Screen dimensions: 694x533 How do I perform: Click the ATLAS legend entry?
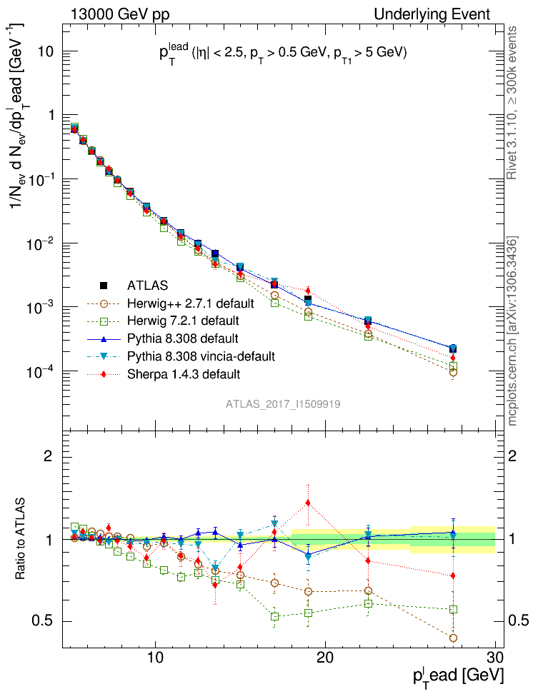pos(147,286)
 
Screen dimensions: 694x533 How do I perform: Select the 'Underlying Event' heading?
pos(444,14)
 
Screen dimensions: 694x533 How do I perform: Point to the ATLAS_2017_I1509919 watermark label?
pos(283,404)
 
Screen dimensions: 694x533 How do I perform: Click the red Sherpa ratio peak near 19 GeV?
pos(308,503)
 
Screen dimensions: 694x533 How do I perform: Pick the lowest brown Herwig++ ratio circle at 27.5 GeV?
pos(453,638)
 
